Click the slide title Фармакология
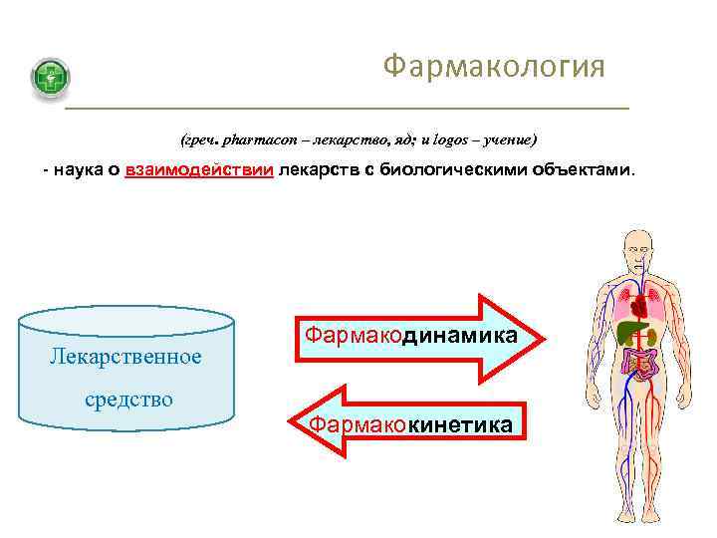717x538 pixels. point(494,67)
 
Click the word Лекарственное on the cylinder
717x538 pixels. point(126,356)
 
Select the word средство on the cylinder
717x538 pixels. point(126,400)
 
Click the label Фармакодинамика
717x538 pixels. point(410,336)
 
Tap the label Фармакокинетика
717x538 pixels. point(410,425)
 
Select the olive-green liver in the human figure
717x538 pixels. point(628,331)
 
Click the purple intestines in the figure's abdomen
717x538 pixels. point(637,361)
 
